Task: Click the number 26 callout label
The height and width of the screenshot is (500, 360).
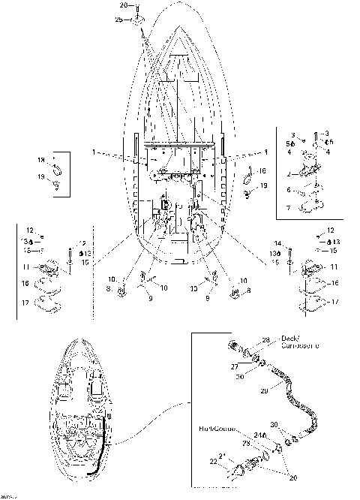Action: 124,5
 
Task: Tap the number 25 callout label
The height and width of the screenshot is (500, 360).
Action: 119,19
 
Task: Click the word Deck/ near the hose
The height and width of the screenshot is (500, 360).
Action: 289,337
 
